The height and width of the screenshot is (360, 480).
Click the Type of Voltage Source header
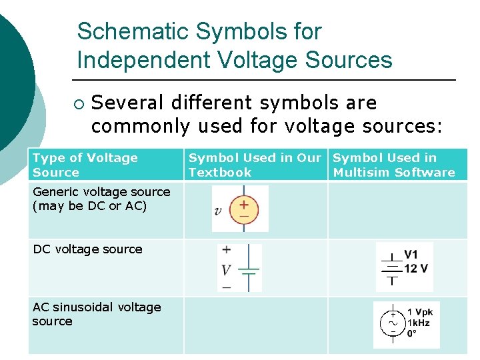point(85,165)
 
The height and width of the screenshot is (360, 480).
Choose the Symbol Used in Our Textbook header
point(255,165)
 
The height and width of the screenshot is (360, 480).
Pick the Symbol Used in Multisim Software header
point(393,165)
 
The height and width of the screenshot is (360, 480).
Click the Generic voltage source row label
point(101,199)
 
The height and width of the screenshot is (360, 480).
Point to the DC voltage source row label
point(87,249)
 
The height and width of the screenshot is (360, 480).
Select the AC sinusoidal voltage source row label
point(96,314)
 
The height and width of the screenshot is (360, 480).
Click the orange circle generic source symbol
point(244,209)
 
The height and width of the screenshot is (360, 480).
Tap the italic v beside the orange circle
point(218,211)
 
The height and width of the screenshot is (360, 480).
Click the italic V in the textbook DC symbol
point(226,270)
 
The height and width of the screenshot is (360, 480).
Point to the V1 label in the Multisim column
point(411,255)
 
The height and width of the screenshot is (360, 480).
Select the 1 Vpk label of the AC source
point(420,311)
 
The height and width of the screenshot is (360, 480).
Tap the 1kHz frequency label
point(419,323)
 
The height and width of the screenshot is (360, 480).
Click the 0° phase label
point(412,333)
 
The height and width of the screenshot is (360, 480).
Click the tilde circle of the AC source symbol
point(392,323)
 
